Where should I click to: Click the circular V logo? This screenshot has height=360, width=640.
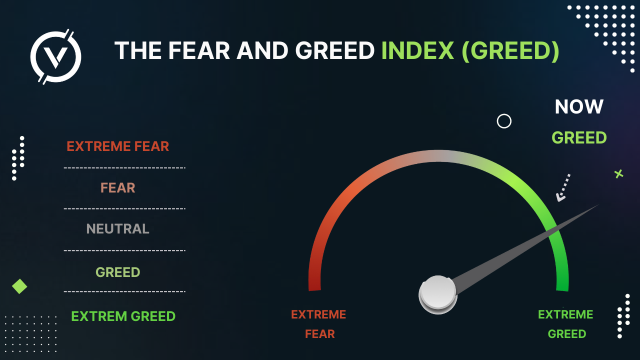pyautogui.click(x=55, y=56)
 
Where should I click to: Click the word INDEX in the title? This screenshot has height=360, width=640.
pyautogui.click(x=417, y=50)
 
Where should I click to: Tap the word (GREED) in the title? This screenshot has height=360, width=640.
pyautogui.click(x=510, y=51)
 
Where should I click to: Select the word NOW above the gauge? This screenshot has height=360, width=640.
pyautogui.click(x=579, y=106)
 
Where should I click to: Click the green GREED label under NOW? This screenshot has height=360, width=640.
pyautogui.click(x=579, y=137)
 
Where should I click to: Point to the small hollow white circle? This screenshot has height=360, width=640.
pyautogui.click(x=504, y=121)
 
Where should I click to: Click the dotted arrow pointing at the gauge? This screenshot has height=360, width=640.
pyautogui.click(x=563, y=187)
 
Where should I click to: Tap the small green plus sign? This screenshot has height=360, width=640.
pyautogui.click(x=619, y=173)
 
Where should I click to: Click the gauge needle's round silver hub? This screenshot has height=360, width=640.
pyautogui.click(x=437, y=294)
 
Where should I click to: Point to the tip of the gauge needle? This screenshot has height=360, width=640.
pyautogui.click(x=599, y=204)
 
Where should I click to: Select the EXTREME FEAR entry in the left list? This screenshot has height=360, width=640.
pyautogui.click(x=117, y=146)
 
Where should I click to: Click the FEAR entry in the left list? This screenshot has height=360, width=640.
pyautogui.click(x=117, y=187)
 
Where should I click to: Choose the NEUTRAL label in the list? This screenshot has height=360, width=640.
pyautogui.click(x=117, y=229)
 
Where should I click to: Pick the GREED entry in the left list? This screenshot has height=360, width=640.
pyautogui.click(x=117, y=272)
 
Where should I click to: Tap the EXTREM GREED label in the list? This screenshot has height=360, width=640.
pyautogui.click(x=123, y=316)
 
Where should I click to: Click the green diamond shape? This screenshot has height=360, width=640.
pyautogui.click(x=19, y=286)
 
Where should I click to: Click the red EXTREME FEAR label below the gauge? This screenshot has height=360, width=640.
pyautogui.click(x=319, y=324)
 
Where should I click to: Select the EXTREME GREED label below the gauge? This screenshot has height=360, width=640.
pyautogui.click(x=565, y=324)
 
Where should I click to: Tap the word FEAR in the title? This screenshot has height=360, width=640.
pyautogui.click(x=199, y=50)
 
